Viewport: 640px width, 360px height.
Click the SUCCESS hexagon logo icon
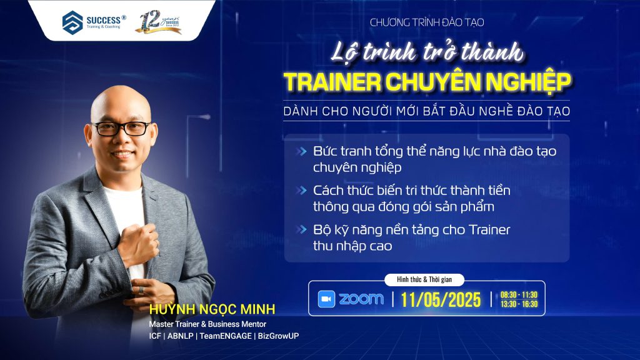coord(72,22)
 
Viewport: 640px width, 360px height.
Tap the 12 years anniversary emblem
coord(158,22)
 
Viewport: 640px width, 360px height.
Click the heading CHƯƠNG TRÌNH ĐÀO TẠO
coord(427,22)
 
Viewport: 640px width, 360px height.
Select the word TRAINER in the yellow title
coord(332,82)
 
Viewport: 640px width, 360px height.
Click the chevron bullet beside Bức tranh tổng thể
coord(302,151)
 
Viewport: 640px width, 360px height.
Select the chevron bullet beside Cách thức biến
coord(302,191)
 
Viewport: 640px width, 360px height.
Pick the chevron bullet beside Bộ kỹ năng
coord(302,230)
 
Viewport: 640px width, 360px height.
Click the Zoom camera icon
coord(326,299)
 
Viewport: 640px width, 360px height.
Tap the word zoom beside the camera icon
coord(361,299)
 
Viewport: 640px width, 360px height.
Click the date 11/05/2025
coord(441,299)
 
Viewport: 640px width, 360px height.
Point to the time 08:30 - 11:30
coord(519,295)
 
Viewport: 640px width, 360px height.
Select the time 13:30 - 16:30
coord(519,304)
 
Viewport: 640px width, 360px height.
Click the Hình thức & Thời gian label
coord(424,279)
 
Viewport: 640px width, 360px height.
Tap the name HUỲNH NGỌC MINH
coord(212,309)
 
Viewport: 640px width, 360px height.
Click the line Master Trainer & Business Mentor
coord(207,324)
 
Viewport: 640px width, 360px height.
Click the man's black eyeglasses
coord(121,129)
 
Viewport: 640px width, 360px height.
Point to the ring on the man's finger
coord(141,290)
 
